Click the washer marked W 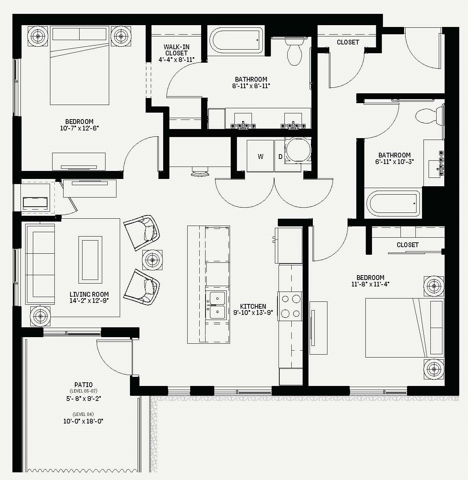click(x=260, y=156)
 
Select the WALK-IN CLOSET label click(x=176, y=50)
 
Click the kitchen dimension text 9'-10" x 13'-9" click(x=253, y=312)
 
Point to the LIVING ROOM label click(x=89, y=294)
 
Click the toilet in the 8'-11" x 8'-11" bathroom click(x=294, y=51)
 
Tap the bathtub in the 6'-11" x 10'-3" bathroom click(x=393, y=204)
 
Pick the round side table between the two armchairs click(x=152, y=260)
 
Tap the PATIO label click(x=84, y=385)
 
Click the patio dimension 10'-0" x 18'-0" click(x=83, y=421)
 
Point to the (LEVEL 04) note click(x=83, y=414)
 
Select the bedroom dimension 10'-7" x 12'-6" click(x=79, y=128)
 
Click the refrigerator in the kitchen click(x=289, y=245)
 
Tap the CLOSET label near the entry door click(x=348, y=42)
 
